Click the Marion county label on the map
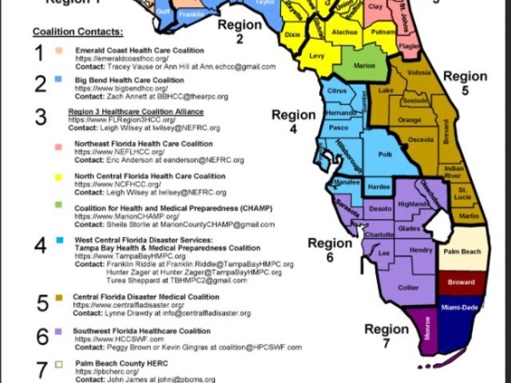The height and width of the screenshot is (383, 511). (x=364, y=66)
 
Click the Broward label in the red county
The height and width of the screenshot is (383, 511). (x=461, y=282)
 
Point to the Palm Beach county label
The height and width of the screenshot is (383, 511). (x=461, y=252)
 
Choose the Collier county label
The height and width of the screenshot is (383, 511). (x=408, y=287)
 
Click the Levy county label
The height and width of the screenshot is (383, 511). (x=318, y=57)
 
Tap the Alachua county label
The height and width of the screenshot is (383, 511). (x=344, y=33)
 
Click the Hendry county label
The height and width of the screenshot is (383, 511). (x=421, y=250)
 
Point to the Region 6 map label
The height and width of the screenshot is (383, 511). (x=330, y=250)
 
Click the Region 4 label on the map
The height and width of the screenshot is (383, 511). (x=294, y=121)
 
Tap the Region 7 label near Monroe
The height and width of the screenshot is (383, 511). (x=386, y=335)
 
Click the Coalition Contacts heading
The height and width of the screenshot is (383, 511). (x=77, y=32)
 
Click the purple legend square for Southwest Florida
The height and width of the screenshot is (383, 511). (x=59, y=330)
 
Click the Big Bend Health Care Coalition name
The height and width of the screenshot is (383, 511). (x=129, y=80)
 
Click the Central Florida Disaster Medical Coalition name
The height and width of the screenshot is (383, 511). (x=146, y=296)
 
